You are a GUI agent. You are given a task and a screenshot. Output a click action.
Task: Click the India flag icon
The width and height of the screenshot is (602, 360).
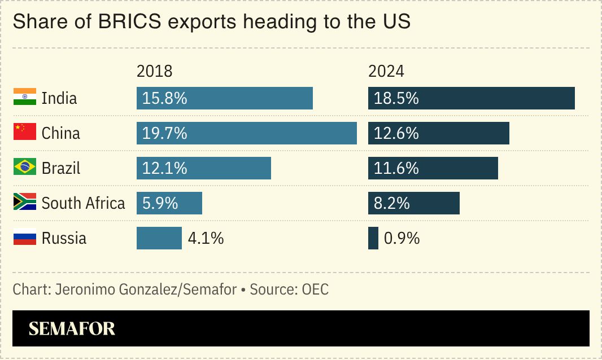pos(25,98)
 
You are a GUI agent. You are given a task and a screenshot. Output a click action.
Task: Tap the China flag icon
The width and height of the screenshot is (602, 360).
pos(25,133)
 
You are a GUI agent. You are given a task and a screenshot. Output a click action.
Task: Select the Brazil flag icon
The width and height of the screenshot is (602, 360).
pos(25,168)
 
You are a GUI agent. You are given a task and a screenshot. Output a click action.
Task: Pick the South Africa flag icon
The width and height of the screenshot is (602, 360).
pos(25,203)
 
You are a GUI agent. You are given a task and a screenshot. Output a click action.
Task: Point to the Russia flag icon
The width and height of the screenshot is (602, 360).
pos(25,238)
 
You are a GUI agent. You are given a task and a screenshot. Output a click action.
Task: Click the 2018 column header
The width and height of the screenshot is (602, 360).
pos(154,72)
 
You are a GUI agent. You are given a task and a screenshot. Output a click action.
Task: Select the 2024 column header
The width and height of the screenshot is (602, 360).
pos(386,72)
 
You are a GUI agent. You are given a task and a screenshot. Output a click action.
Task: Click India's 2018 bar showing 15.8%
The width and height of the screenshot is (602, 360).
pos(224,98)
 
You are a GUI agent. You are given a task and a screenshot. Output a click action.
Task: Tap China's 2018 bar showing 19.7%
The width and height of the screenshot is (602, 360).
pos(246,133)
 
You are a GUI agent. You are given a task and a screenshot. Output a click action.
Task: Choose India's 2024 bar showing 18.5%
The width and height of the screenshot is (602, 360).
pos(471,98)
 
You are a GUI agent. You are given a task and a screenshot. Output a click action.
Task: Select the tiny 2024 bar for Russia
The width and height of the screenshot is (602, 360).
pos(373,238)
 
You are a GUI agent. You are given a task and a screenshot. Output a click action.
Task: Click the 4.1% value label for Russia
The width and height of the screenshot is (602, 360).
pos(206,238)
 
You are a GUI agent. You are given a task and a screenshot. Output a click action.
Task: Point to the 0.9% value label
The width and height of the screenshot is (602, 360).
pos(402,238)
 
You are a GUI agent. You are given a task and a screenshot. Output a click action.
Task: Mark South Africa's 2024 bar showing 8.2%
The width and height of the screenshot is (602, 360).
pos(413,203)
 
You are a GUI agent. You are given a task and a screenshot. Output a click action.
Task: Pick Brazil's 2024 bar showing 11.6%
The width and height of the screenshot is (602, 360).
pos(433,168)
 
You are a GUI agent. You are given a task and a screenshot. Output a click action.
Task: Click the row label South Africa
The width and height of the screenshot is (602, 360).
pos(83,203)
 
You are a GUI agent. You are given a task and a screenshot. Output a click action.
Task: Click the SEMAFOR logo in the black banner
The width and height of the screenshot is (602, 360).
pos(72,328)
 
